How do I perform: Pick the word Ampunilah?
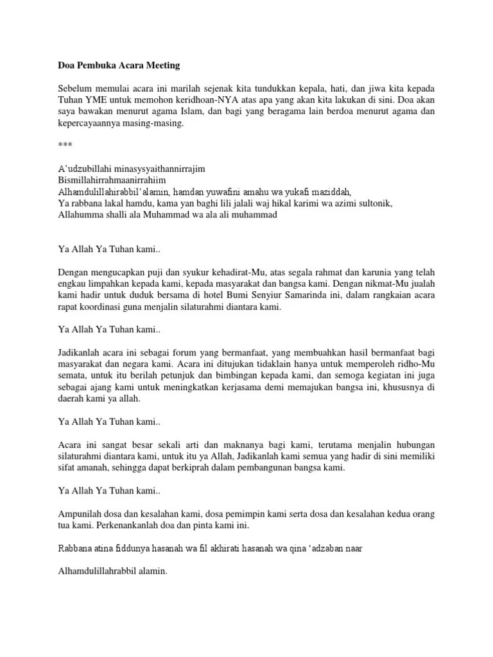(81, 514)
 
